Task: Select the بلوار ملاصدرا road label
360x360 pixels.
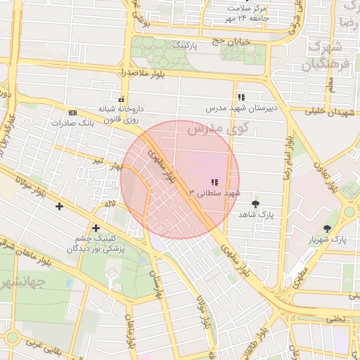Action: (142, 73)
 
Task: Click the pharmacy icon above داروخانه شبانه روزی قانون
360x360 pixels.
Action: (122, 98)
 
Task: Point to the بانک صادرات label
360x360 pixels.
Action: (72, 122)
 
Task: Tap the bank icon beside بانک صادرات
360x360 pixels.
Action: (72, 112)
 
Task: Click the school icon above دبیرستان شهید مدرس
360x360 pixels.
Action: (241, 98)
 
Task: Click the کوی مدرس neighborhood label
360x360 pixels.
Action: (219, 129)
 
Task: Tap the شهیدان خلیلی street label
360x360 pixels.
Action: (327, 111)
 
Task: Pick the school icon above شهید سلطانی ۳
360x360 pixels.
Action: (214, 183)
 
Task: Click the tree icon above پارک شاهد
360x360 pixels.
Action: (255, 203)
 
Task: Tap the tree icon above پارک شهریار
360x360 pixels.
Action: (328, 229)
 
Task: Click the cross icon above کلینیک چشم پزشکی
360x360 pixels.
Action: (96, 228)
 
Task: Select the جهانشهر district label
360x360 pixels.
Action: (22, 283)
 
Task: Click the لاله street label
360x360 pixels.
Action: (109, 203)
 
